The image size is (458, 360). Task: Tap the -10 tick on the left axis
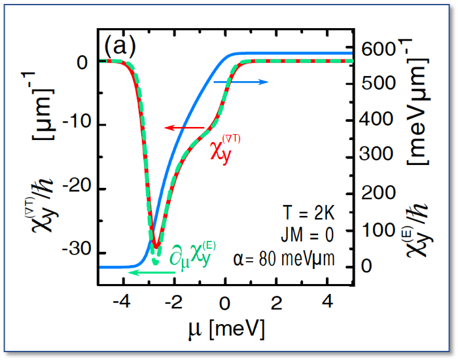coord(77,125)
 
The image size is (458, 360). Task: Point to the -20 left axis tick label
coord(77,189)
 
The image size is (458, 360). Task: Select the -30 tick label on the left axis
coord(77,253)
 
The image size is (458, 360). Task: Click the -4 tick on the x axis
coord(120,303)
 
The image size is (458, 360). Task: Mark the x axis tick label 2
coord(276,303)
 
